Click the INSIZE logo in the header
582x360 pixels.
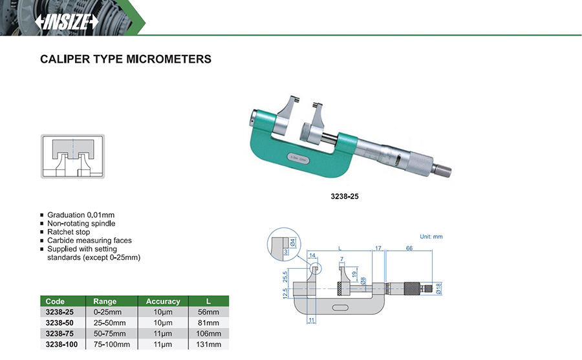(x=67, y=21)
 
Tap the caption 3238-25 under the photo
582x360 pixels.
(x=345, y=196)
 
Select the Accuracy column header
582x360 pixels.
(x=163, y=301)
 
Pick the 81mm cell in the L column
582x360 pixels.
(x=208, y=323)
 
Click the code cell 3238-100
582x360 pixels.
(x=61, y=344)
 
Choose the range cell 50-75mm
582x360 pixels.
(x=109, y=334)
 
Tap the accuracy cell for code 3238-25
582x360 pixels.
(x=163, y=312)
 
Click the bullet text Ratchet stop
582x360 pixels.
(x=69, y=232)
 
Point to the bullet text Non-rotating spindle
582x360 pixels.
(x=81, y=224)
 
